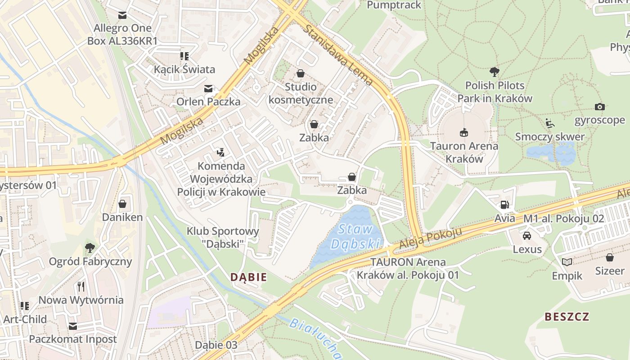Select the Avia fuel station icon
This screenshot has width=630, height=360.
504,205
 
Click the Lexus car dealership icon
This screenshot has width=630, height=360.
527,235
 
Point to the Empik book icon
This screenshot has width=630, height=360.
567,262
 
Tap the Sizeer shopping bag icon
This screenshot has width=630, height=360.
610,257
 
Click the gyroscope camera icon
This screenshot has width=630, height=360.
599,107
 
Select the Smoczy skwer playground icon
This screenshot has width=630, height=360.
549,123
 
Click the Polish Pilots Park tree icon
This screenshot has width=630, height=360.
495,71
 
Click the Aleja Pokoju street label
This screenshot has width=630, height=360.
431,238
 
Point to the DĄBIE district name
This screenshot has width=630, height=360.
248,277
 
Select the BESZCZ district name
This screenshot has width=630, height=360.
567,316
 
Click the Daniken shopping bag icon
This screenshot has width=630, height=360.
122,204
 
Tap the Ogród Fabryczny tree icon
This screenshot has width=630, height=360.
90,247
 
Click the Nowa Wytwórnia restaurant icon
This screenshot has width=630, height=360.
81,286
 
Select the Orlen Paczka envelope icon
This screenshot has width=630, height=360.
208,89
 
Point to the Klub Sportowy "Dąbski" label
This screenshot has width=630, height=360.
223,237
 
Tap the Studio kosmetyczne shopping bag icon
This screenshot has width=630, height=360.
301,73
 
